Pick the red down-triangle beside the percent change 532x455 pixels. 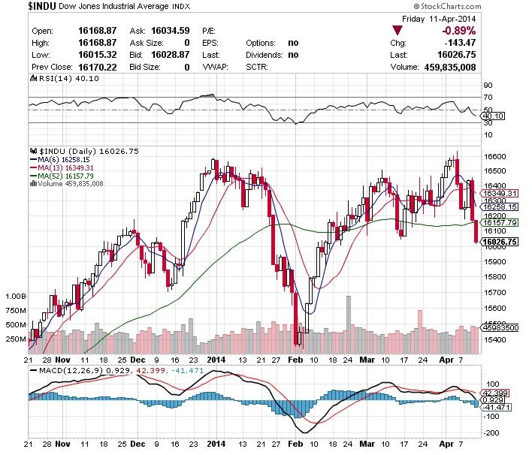[397, 31]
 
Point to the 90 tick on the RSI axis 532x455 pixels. [487, 86]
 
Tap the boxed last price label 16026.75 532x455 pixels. [499, 242]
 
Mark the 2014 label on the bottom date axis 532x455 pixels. [215, 444]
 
